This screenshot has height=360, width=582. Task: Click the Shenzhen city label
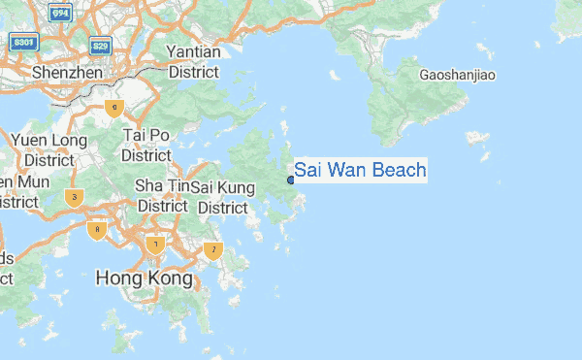click(67, 73)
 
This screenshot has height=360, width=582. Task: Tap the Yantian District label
click(193, 61)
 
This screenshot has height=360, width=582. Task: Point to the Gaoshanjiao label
click(458, 75)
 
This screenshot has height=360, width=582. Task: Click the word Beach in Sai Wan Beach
click(393, 171)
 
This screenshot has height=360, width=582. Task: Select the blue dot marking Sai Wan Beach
click(291, 180)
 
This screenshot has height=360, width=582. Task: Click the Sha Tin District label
click(162, 195)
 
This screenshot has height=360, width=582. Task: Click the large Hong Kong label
click(145, 278)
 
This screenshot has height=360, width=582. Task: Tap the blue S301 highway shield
click(24, 43)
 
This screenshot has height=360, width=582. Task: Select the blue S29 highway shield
click(99, 45)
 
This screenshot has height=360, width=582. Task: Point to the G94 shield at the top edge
click(60, 12)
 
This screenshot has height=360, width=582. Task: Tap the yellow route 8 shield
click(95, 230)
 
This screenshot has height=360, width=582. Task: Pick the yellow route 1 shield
click(154, 244)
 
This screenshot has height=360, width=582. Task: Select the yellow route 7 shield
click(213, 250)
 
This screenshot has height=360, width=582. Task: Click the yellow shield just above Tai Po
click(115, 108)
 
